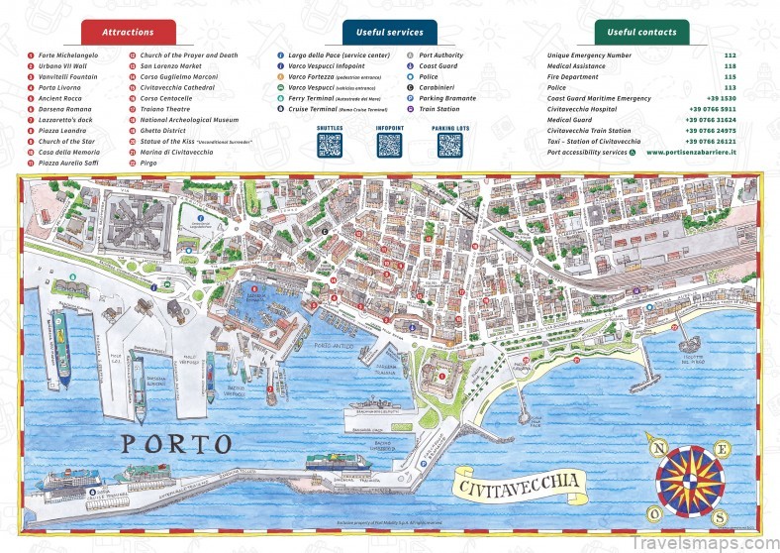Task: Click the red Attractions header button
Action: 128,32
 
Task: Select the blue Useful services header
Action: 389,32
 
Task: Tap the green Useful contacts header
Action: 641,32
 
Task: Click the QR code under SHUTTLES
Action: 330,146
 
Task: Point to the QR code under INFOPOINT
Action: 390,146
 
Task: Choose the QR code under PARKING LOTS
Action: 450,146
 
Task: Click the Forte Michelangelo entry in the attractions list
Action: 66,55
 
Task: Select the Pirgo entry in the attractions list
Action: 149,163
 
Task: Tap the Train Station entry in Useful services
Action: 439,109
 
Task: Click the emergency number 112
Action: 730,55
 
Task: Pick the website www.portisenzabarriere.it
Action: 691,153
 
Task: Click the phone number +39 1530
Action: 723,98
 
